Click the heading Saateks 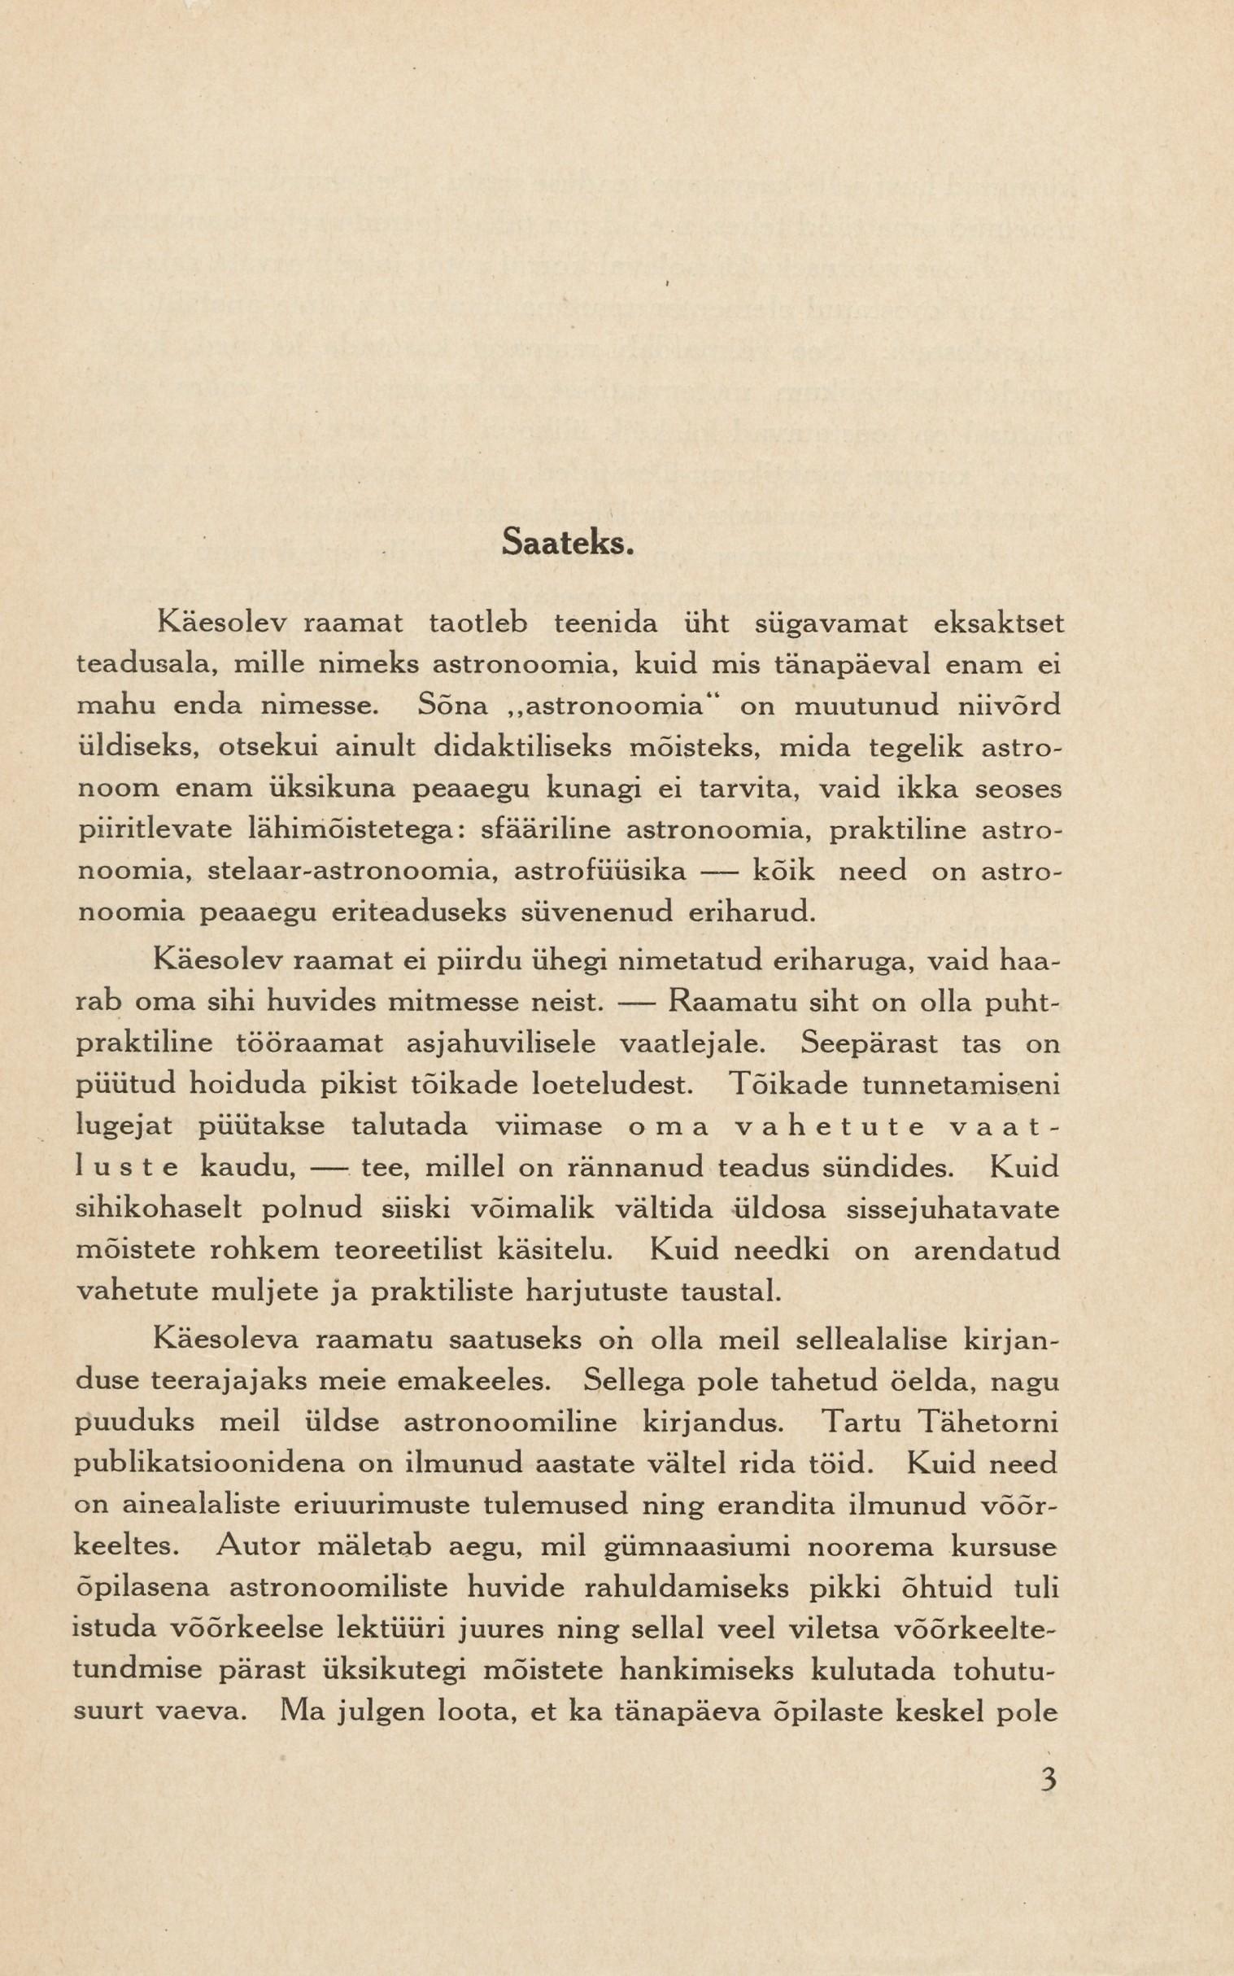click(x=568, y=542)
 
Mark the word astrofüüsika click(x=600, y=871)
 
